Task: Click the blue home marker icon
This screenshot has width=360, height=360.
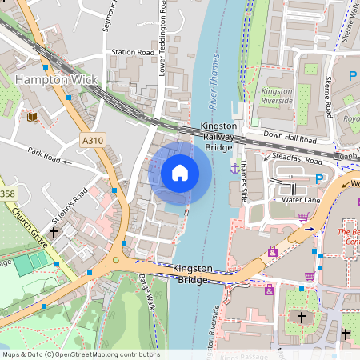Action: tap(180, 173)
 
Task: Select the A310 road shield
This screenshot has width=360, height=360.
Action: tap(93, 141)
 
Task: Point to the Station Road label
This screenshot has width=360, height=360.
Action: tap(132, 53)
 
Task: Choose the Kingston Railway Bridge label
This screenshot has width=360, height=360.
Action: tap(218, 137)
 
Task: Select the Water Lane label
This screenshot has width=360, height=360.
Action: tap(302, 199)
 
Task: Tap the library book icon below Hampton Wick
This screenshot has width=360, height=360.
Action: tap(32, 118)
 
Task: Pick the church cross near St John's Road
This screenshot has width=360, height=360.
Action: tap(54, 234)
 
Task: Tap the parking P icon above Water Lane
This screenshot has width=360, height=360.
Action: tap(319, 178)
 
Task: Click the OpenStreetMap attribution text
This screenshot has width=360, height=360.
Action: tap(80, 354)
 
